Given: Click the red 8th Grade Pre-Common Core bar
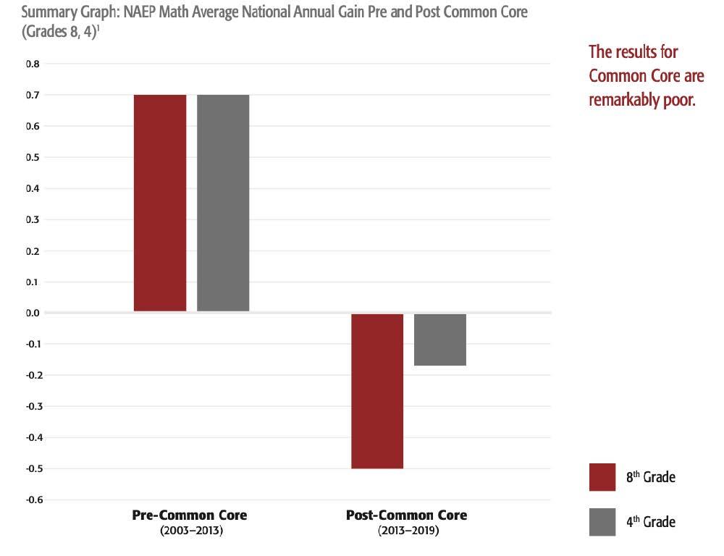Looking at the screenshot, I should point(160,203).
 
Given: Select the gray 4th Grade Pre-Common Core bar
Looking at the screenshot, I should point(223,203).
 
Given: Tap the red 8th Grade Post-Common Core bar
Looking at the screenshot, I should point(377,391).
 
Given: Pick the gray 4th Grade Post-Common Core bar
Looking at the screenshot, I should point(440,340).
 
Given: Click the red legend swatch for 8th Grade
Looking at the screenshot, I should point(602,477).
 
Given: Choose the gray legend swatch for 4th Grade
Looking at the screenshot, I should point(602,521).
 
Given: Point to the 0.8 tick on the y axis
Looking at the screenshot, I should point(33,64).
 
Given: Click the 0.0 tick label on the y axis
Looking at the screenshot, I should point(33,313).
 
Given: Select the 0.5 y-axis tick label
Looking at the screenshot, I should point(33,157).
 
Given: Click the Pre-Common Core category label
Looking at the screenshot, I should point(189,515).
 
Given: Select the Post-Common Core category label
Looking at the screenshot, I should point(406,515).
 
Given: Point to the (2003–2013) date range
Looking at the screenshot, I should point(190,531).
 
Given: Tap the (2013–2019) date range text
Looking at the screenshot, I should point(408,531).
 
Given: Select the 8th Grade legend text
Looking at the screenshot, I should point(650,478).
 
